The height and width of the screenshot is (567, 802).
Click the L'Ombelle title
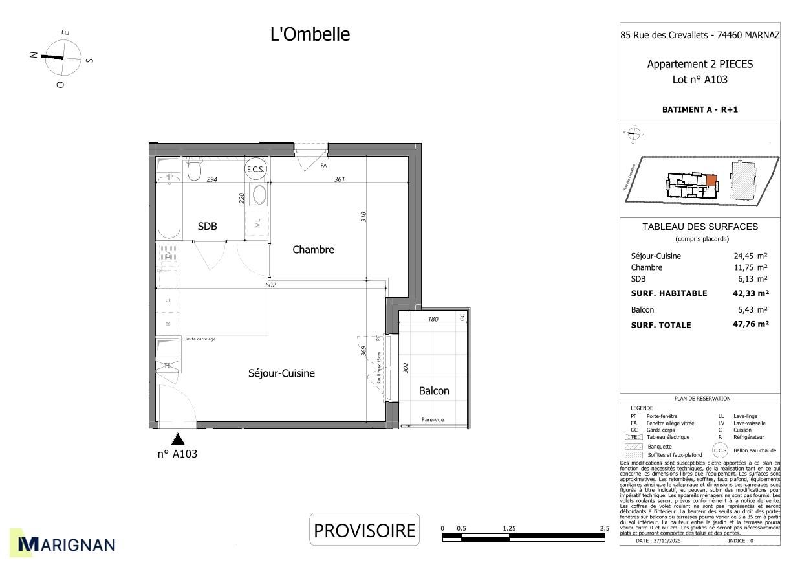pyautogui.click(x=310, y=34)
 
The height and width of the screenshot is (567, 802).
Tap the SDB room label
pyautogui.click(x=207, y=226)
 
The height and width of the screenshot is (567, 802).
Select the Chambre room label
pyautogui.click(x=313, y=249)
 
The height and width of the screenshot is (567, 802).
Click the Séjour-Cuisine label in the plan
pyautogui.click(x=281, y=373)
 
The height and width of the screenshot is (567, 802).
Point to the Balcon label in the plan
pyautogui.click(x=433, y=390)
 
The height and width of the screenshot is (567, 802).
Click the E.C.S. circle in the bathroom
pyautogui.click(x=256, y=170)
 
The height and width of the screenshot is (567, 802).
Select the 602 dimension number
pyautogui.click(x=271, y=285)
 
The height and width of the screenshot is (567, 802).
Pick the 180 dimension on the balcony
pyautogui.click(x=433, y=319)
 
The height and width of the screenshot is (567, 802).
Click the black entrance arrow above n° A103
pyautogui.click(x=178, y=439)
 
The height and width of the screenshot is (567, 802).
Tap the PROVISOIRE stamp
pyautogui.click(x=364, y=530)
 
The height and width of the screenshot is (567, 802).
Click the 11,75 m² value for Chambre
pyautogui.click(x=752, y=267)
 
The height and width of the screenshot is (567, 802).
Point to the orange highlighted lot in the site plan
pyautogui.click(x=711, y=181)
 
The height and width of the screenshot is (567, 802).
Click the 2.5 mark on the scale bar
pyautogui.click(x=604, y=528)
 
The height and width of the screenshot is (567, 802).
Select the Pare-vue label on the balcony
pyautogui.click(x=433, y=420)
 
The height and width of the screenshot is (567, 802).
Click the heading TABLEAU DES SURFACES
pyautogui.click(x=700, y=227)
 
